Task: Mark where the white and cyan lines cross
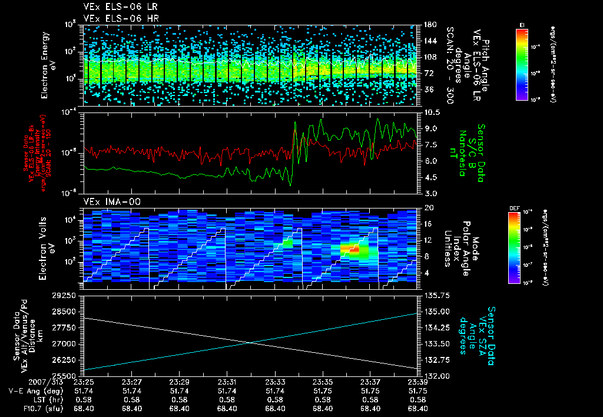tap(251, 342)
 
